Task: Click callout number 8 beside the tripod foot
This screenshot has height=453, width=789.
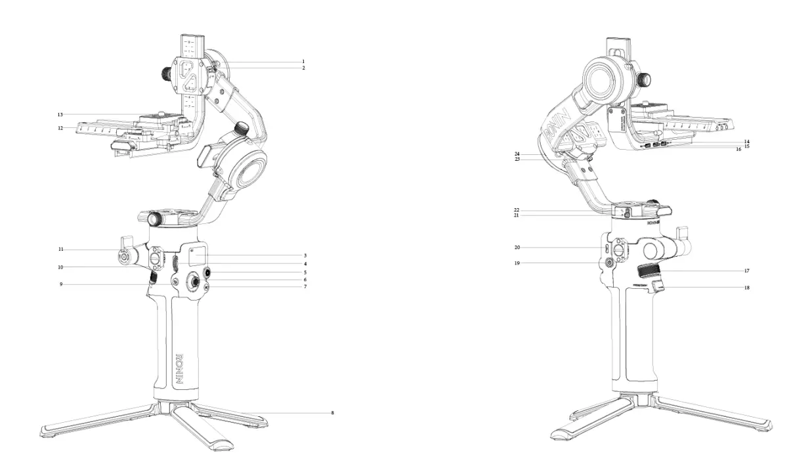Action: pos(333,413)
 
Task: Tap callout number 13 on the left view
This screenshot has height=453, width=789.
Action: pos(60,114)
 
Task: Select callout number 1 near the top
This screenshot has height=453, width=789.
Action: pos(303,61)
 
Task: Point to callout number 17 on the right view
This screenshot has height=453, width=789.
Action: pos(747,270)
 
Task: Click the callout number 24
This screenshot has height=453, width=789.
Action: pos(517,154)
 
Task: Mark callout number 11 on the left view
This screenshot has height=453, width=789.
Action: pos(60,249)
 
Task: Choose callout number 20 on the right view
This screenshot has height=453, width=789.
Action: pos(517,248)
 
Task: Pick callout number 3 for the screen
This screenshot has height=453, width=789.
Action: pos(305,255)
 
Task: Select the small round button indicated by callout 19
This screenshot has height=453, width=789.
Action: pos(608,262)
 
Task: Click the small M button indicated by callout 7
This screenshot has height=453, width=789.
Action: pos(207,287)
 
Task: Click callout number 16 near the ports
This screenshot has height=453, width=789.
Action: pos(738,150)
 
